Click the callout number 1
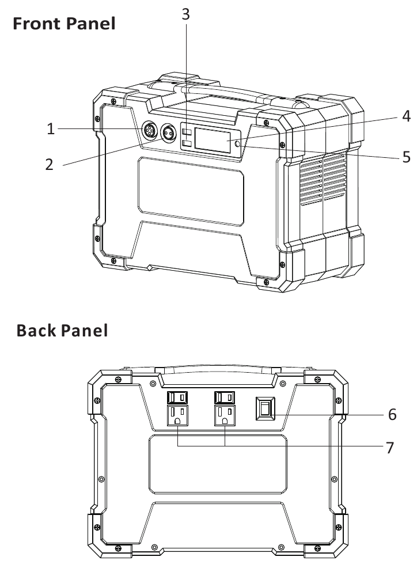coord(51,129)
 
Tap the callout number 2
coord(49,164)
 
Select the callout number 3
coord(185,14)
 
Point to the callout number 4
coord(406,116)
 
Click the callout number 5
coord(406,156)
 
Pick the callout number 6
coord(392,414)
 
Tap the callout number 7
coord(391,447)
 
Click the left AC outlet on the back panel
coord(177,415)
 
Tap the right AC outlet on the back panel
coord(225,415)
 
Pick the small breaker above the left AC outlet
coord(177,397)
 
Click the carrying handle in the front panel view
coord(230,95)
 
